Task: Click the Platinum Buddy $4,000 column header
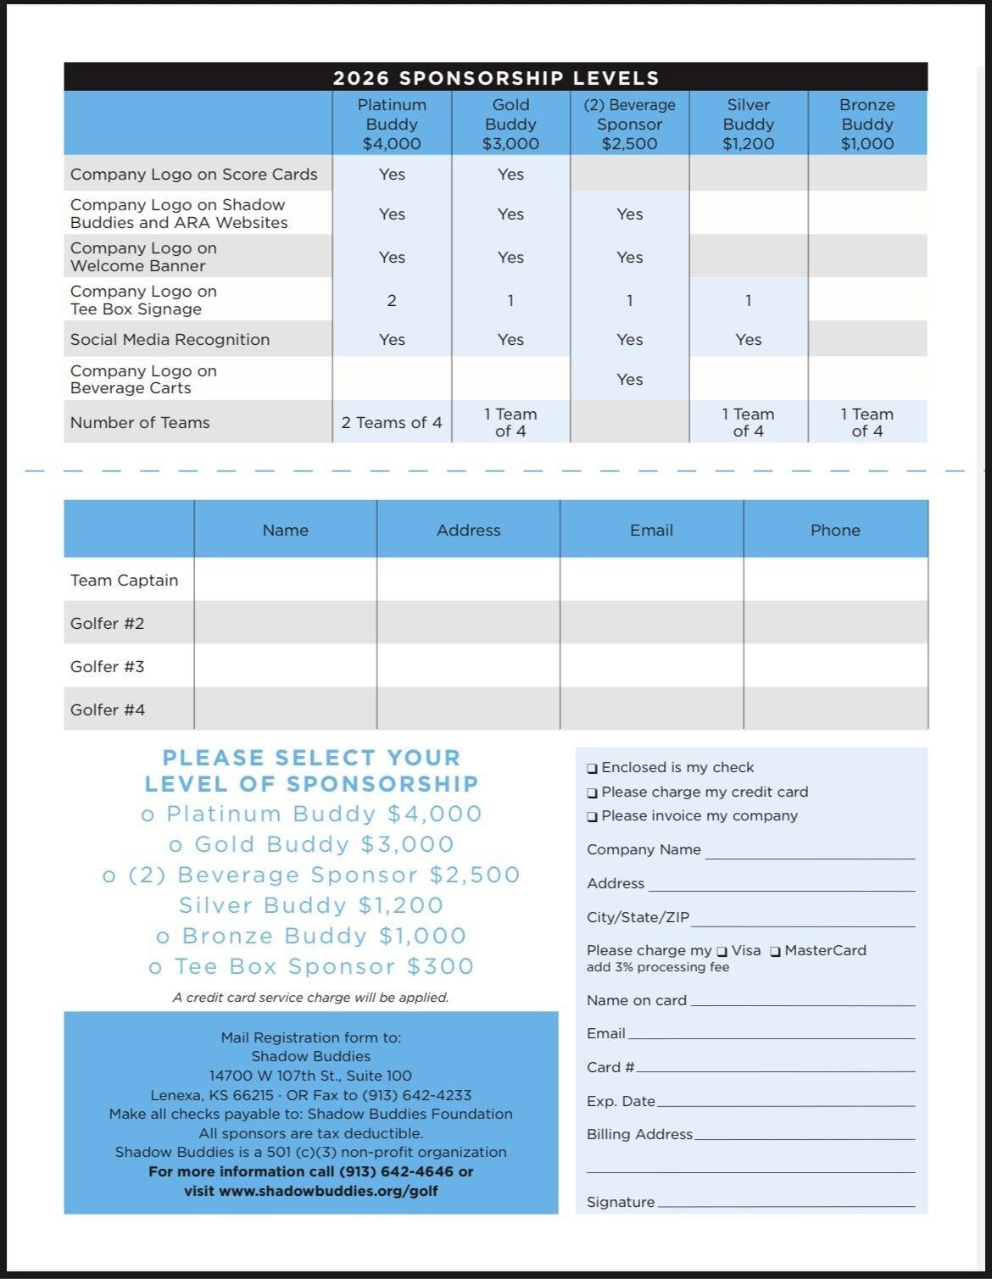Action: pyautogui.click(x=392, y=124)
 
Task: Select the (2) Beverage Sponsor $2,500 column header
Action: pyautogui.click(x=629, y=124)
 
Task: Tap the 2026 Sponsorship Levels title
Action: pyautogui.click(x=496, y=78)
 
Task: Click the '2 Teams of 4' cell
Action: pyautogui.click(x=392, y=422)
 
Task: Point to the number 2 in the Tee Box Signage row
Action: pyautogui.click(x=392, y=300)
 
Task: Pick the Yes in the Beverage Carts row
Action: pyautogui.click(x=629, y=379)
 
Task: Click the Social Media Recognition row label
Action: pyautogui.click(x=170, y=339)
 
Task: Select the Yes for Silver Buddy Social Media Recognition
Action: pyautogui.click(x=748, y=339)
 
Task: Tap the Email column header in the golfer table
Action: pyautogui.click(x=651, y=530)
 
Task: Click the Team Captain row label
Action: pyautogui.click(x=125, y=580)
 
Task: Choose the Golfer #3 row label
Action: pyautogui.click(x=108, y=666)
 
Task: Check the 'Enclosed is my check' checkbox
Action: pyautogui.click(x=592, y=769)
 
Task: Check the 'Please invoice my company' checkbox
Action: pyautogui.click(x=592, y=817)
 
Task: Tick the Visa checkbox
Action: pyautogui.click(x=722, y=952)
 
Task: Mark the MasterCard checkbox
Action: pyautogui.click(x=775, y=952)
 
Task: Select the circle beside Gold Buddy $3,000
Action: pyautogui.click(x=176, y=846)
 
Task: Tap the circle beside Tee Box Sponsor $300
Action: pyautogui.click(x=155, y=968)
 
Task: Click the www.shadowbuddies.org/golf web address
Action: pyautogui.click(x=328, y=1190)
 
